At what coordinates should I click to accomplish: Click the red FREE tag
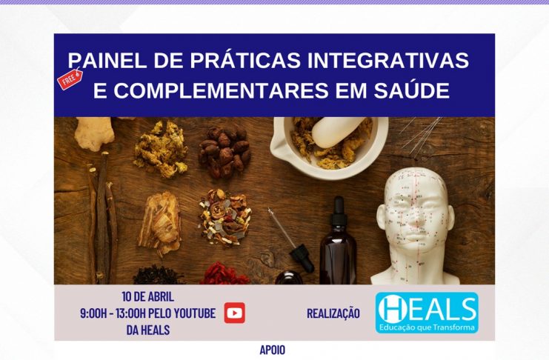tap(70, 79)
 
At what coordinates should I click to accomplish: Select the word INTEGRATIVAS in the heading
tap(388, 60)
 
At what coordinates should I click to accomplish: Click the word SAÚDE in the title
tap(412, 90)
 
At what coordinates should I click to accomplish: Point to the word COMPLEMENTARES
tap(221, 90)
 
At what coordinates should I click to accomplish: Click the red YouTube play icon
tap(235, 313)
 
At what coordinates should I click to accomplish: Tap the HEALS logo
tap(427, 313)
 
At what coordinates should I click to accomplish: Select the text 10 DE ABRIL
tap(147, 296)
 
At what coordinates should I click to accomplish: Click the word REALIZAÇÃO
tap(333, 313)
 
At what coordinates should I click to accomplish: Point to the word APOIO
tap(273, 350)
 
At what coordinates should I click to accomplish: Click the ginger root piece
tap(95, 133)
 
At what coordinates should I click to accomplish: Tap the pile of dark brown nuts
tap(224, 152)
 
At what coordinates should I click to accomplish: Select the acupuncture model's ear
tap(381, 219)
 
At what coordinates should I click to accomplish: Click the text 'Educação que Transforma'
tap(427, 327)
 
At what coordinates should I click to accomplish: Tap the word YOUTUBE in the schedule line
tap(194, 313)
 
